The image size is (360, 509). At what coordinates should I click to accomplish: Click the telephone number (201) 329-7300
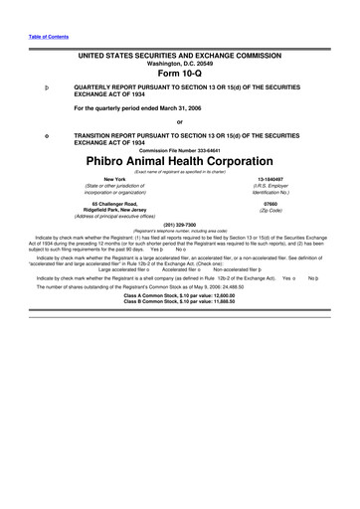pyautogui.click(x=180, y=224)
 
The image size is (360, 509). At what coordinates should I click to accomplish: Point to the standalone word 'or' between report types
pyautogui.click(x=180, y=122)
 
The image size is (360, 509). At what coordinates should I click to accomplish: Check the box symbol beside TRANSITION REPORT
pyautogui.click(x=33, y=134)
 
